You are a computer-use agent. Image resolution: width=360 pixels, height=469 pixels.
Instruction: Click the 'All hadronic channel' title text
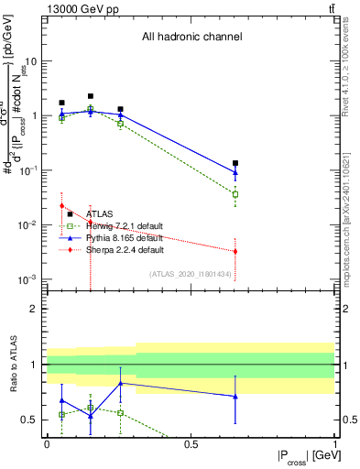pyautogui.click(x=191, y=38)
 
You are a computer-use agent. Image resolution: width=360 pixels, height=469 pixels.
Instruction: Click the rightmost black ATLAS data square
pyautogui.click(x=235, y=163)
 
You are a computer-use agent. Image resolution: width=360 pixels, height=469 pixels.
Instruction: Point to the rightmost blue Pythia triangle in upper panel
pyautogui.click(x=235, y=172)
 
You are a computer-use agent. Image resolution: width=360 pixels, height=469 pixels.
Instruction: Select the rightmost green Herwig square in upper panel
pyautogui.click(x=235, y=194)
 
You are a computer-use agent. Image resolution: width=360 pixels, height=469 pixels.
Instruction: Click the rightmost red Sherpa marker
pyautogui.click(x=235, y=251)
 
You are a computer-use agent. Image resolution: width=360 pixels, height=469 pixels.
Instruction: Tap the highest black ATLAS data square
pyautogui.click(x=91, y=96)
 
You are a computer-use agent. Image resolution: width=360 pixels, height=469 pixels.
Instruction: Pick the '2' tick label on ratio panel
pyautogui.click(x=34, y=309)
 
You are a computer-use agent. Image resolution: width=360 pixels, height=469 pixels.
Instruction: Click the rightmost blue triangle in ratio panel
pyautogui.click(x=235, y=397)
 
